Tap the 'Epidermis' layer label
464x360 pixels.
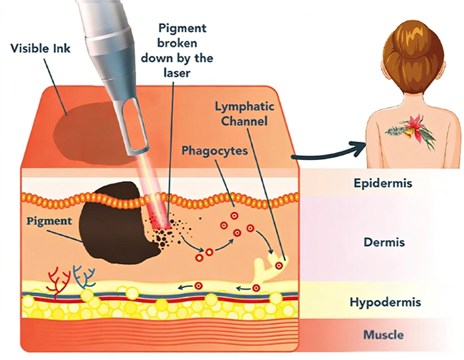383,183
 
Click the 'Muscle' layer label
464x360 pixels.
383,335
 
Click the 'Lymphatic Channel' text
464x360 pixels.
244,113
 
